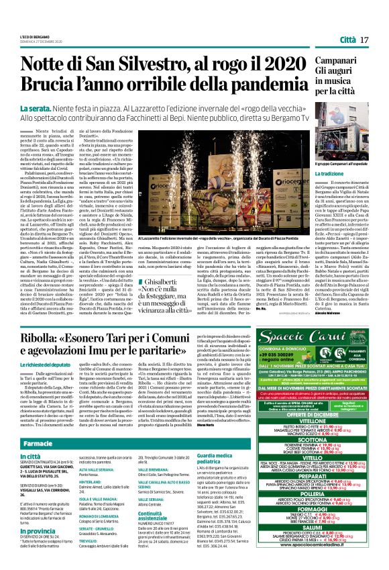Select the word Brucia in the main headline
[45, 85]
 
